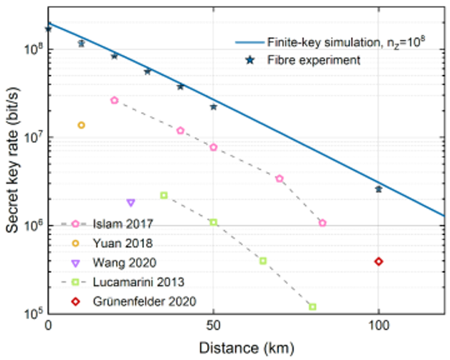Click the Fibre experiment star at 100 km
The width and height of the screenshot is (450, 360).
(x=379, y=189)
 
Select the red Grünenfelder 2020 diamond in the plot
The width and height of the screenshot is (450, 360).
(x=379, y=261)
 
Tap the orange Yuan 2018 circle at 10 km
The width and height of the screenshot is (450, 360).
(x=81, y=125)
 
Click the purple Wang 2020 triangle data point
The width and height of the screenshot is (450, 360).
(x=131, y=203)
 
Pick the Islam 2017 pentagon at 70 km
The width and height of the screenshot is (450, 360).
(x=279, y=179)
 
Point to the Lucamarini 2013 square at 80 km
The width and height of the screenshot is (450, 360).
(x=313, y=307)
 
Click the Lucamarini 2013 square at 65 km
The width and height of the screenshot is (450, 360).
(x=263, y=260)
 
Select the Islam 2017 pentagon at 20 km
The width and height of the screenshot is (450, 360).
(x=115, y=100)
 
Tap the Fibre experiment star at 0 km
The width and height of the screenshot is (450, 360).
(x=48, y=29)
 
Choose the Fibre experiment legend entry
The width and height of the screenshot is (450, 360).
(x=323, y=59)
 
